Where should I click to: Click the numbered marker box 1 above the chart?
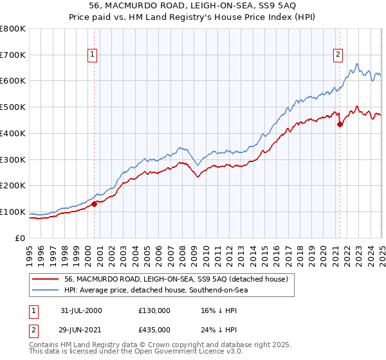tap(93, 55)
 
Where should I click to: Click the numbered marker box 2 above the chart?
tap(338, 55)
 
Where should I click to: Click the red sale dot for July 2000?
tap(94, 204)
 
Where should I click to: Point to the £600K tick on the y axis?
tap(13, 81)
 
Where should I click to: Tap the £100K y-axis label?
tap(13, 212)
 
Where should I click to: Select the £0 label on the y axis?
tap(21, 239)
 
